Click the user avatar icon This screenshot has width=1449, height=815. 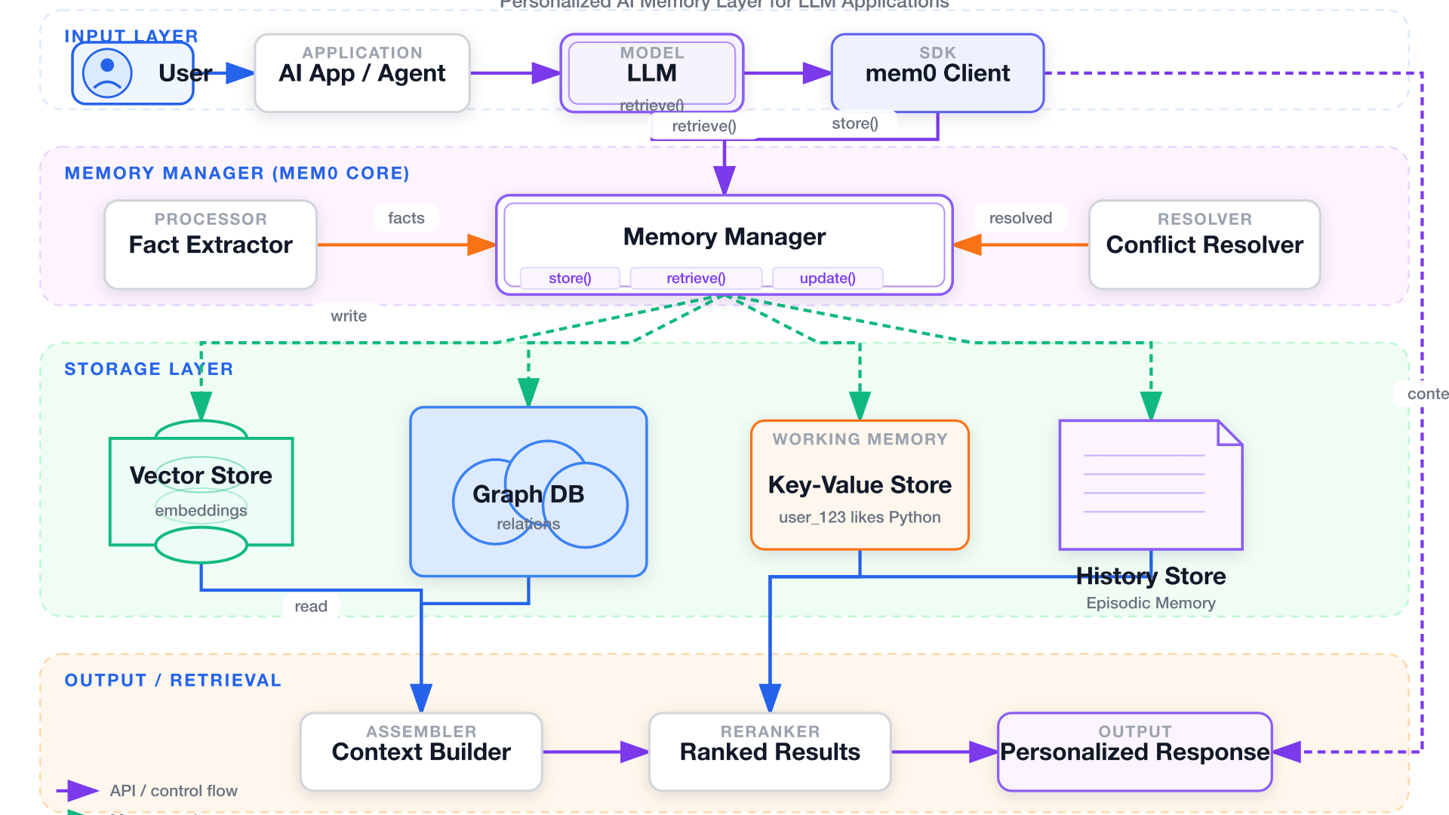click(107, 73)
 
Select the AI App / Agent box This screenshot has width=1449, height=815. click(362, 73)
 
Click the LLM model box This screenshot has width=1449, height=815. click(651, 73)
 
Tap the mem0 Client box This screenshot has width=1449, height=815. click(937, 73)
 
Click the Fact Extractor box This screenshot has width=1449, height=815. click(211, 244)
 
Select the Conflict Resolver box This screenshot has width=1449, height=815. click(1204, 244)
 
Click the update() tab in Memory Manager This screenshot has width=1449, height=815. click(827, 278)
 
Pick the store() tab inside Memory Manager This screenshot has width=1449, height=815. click(570, 278)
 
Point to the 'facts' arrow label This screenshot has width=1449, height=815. click(406, 218)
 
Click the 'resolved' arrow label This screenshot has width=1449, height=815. click(1020, 218)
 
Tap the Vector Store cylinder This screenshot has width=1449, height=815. click(201, 491)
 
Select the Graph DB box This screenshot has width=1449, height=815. click(528, 492)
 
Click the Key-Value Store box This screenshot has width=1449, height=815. click(860, 484)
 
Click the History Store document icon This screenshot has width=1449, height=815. click(1150, 485)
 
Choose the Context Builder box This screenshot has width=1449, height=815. click(421, 752)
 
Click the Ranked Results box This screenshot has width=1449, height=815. click(770, 752)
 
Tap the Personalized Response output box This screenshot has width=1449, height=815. click(1134, 752)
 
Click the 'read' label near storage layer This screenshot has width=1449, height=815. click(311, 606)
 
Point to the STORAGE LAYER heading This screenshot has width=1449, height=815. click(149, 369)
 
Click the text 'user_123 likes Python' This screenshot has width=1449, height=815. click(860, 518)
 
